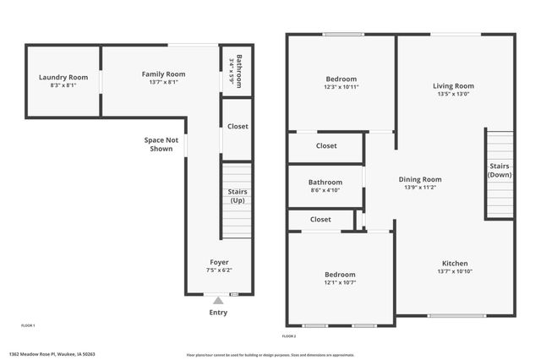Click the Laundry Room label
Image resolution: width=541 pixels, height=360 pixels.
click(57, 78)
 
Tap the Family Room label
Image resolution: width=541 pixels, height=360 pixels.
click(163, 74)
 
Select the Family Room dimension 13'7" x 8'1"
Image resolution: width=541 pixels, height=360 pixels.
click(163, 83)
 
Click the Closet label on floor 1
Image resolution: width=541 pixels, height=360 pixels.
click(238, 127)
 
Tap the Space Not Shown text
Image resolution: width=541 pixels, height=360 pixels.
click(161, 145)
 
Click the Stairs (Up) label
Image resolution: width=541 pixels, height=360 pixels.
click(238, 197)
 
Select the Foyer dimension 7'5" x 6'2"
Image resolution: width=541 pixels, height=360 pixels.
click(219, 271)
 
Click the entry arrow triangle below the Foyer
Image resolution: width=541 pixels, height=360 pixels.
click(218, 299)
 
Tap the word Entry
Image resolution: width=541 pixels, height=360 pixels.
click(218, 313)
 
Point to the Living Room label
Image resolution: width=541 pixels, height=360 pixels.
click(453, 86)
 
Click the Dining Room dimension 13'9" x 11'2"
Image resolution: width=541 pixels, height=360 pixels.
click(420, 188)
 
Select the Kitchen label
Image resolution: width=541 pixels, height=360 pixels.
click(453, 264)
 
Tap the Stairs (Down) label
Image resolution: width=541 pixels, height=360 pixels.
click(500, 171)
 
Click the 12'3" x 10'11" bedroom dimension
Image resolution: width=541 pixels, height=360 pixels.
click(341, 87)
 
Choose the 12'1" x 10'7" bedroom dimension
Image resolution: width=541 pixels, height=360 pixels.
click(341, 283)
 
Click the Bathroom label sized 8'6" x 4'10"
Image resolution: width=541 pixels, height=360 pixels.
click(325, 183)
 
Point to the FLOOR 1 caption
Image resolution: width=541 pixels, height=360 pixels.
click(28, 325)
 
